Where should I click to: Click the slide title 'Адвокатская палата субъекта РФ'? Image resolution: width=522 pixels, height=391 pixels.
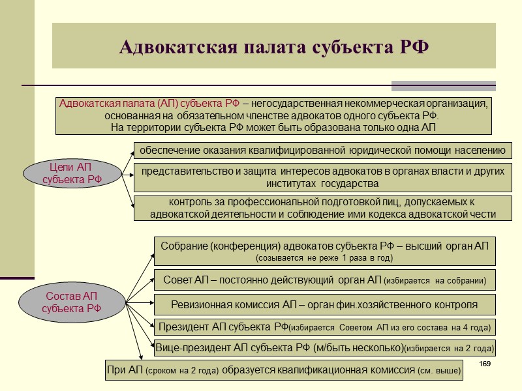[274, 48]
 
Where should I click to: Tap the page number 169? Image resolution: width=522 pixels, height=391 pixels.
[484, 363]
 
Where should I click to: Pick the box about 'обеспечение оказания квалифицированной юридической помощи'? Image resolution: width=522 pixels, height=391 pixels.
[322, 151]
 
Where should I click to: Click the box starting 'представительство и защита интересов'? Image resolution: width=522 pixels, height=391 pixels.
[322, 177]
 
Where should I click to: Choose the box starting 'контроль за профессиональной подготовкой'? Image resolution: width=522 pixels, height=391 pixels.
[322, 208]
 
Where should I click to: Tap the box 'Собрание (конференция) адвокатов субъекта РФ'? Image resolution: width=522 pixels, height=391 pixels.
[324, 250]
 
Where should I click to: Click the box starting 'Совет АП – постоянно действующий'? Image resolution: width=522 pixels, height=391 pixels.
[324, 280]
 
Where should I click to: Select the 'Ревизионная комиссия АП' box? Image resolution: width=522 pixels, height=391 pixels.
[324, 304]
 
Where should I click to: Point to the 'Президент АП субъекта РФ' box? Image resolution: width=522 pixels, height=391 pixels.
[324, 326]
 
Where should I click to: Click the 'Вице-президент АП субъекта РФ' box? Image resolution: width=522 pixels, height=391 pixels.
[324, 347]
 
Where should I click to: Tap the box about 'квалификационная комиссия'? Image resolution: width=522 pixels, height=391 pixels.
[284, 370]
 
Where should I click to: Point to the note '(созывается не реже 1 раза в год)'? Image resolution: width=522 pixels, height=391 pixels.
[324, 258]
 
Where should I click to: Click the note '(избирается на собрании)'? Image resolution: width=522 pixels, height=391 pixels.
[435, 282]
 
